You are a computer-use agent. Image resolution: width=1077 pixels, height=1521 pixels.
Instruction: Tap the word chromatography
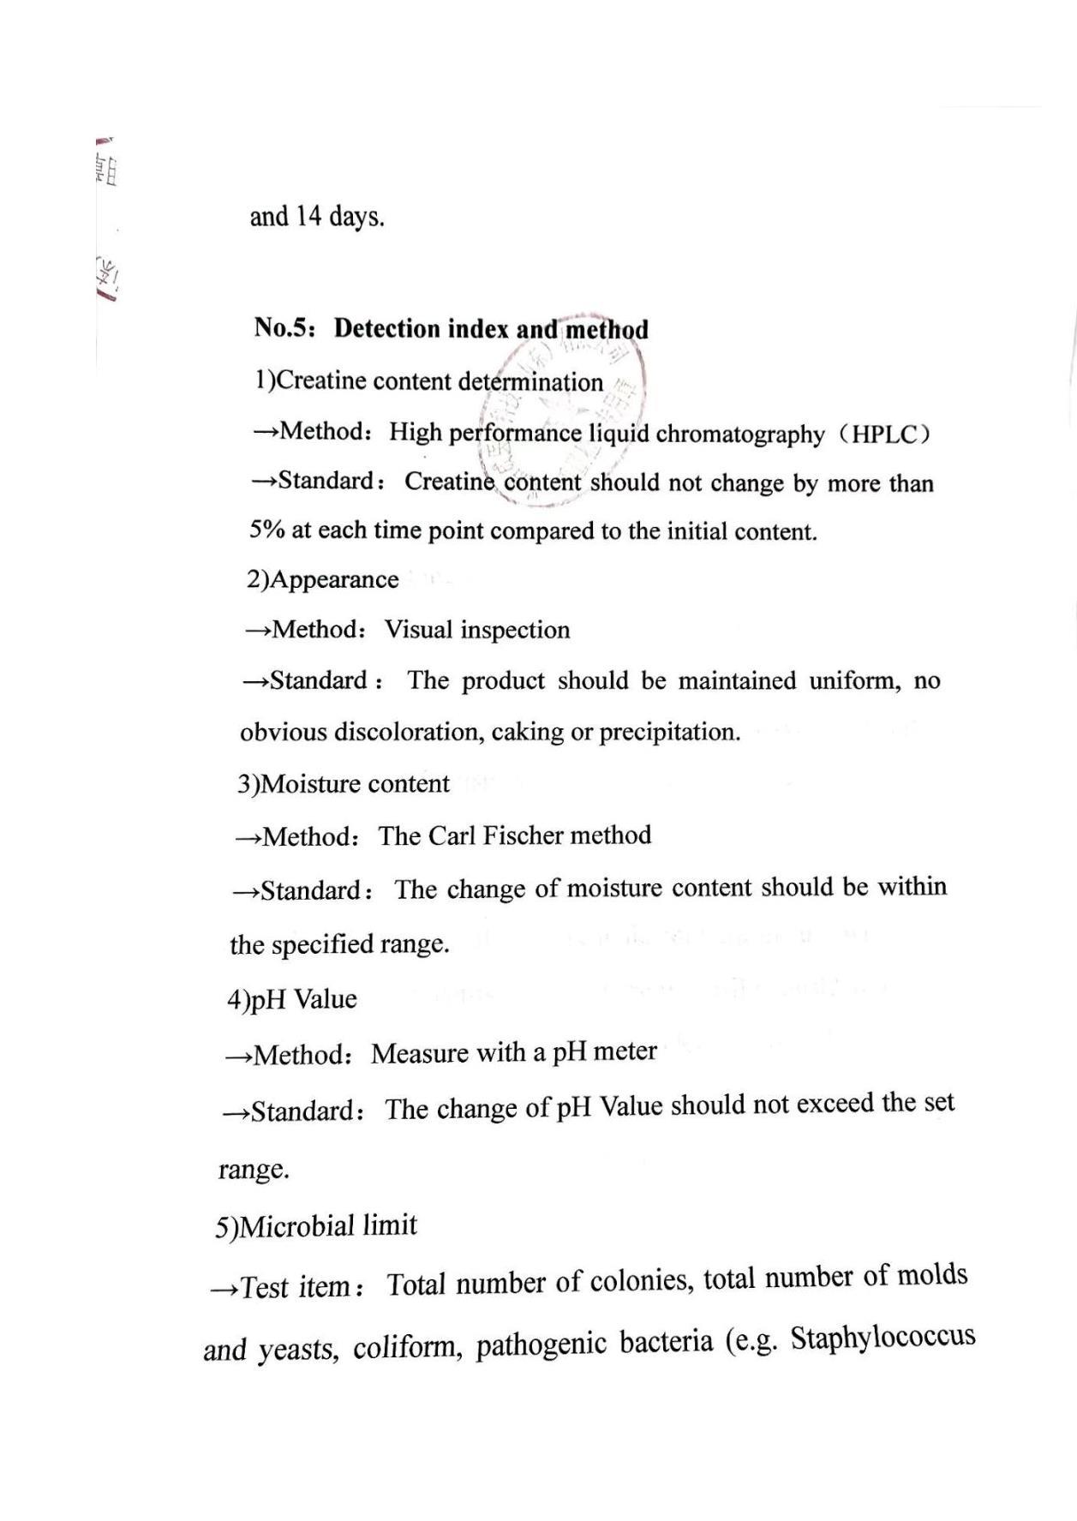click(739, 434)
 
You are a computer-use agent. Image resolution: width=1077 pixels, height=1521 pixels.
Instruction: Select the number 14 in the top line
click(308, 216)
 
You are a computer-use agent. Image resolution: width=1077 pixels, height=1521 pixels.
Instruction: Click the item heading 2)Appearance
click(322, 580)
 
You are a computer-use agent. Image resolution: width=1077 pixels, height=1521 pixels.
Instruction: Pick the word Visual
click(418, 630)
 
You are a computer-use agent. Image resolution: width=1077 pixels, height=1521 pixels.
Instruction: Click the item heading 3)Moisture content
click(343, 784)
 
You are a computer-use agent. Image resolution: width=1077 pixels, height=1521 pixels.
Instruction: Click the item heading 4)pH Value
click(291, 999)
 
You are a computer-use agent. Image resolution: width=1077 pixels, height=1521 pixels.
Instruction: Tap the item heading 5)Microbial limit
click(315, 1226)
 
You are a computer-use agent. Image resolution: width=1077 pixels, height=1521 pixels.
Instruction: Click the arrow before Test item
click(222, 1288)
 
